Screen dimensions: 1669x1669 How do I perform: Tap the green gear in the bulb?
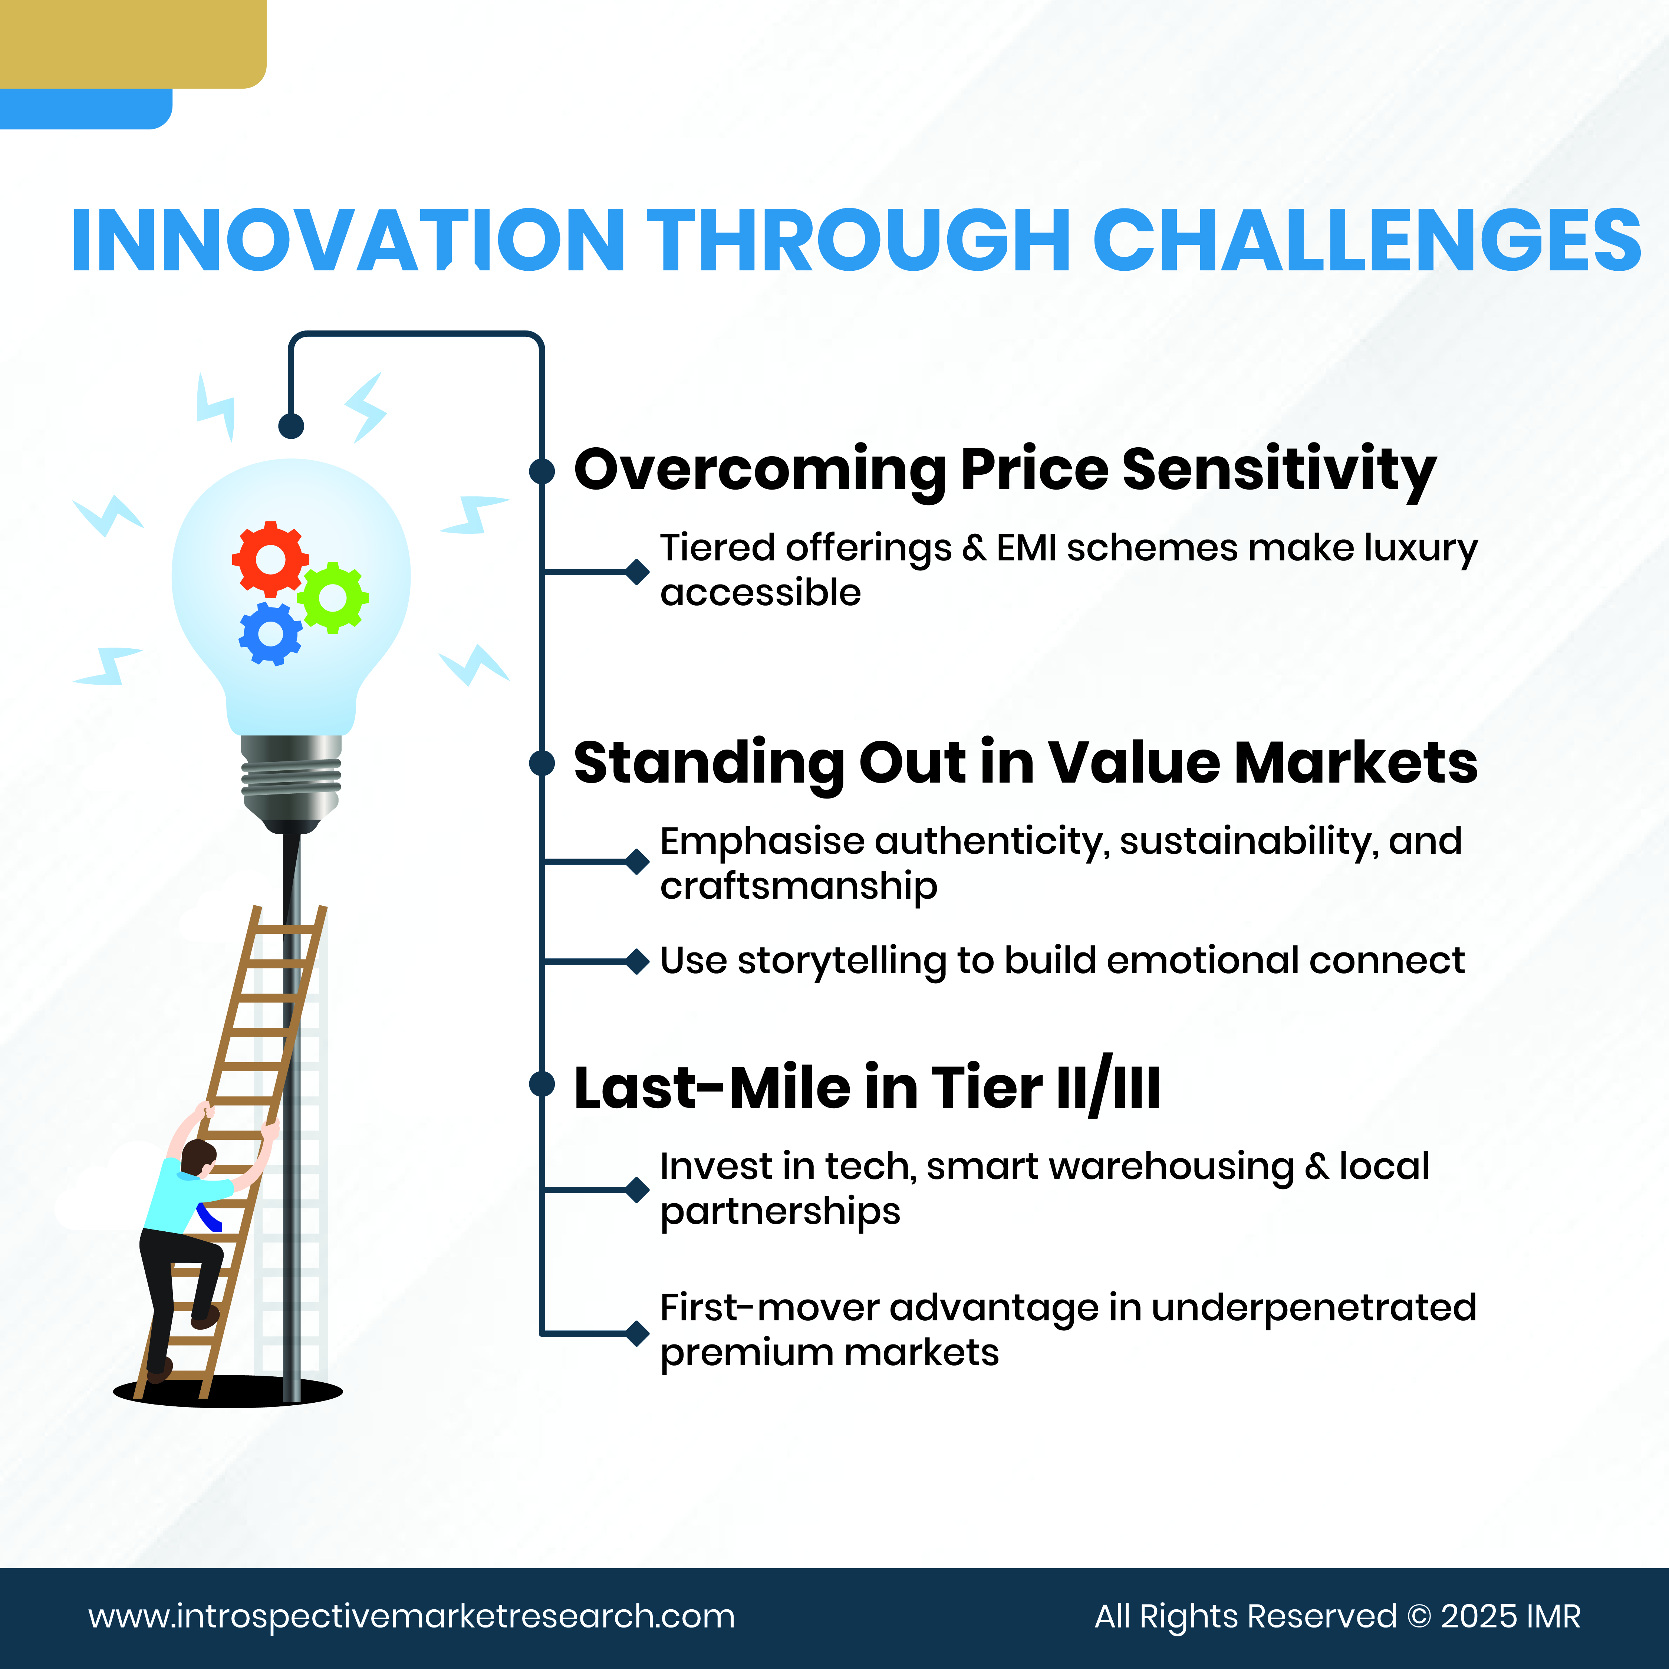click(x=333, y=597)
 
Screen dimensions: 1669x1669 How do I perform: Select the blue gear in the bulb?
click(x=270, y=633)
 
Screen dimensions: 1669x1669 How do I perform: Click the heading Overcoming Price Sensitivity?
click(x=1005, y=471)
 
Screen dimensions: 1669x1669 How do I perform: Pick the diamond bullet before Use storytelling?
click(x=638, y=961)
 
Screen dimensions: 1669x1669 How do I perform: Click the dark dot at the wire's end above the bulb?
click(x=291, y=425)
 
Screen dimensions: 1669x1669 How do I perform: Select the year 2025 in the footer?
click(x=1479, y=1616)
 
